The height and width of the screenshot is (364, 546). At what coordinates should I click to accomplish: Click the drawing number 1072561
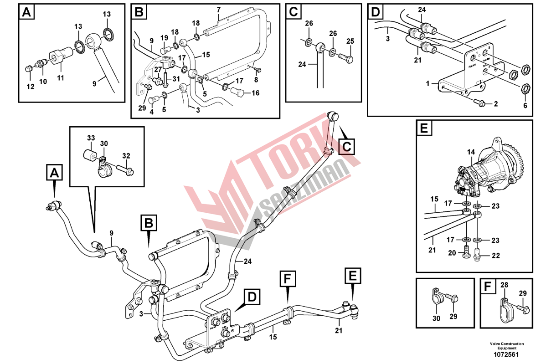pos(507,354)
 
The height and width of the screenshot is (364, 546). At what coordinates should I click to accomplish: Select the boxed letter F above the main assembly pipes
pos(288,278)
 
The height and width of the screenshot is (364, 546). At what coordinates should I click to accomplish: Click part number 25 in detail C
pos(350,41)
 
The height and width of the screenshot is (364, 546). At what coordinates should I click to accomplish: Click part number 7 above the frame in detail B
pos(218,10)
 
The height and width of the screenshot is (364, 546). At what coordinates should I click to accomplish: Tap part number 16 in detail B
pos(255,93)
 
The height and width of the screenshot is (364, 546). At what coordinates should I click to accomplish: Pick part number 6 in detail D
pos(525,105)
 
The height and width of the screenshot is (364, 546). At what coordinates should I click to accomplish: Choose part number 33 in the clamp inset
pos(91,138)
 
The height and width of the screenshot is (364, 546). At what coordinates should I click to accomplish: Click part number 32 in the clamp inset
pos(126,155)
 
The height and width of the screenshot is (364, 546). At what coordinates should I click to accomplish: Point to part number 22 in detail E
pos(495,256)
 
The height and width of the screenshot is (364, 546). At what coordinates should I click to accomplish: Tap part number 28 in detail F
pos(504,285)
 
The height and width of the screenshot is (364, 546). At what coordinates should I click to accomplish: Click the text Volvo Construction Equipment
pos(507,346)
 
